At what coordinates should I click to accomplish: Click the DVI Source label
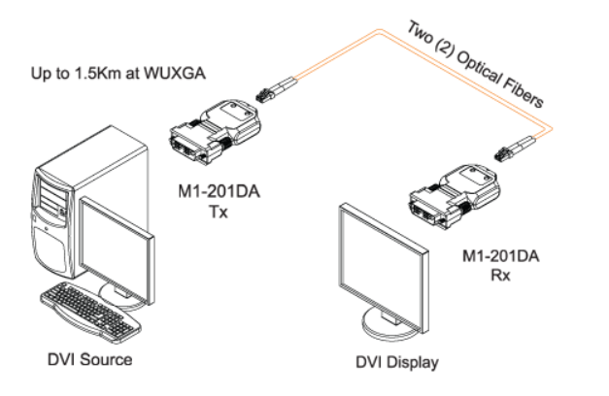coord(90,360)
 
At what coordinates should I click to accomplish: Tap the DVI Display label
coord(391,364)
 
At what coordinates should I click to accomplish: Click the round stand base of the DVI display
coord(389,324)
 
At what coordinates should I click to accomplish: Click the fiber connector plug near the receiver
coord(509,151)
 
